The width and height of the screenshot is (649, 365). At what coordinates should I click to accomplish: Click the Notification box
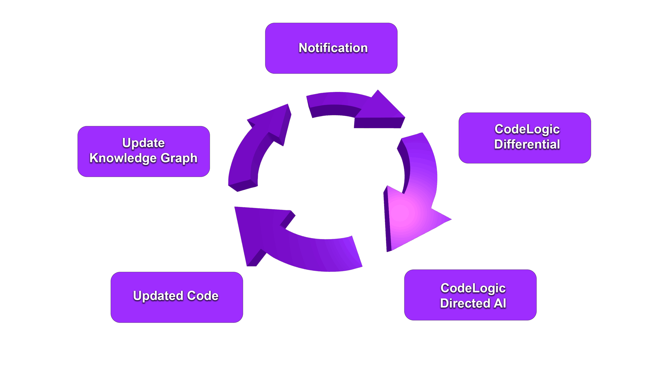click(x=331, y=48)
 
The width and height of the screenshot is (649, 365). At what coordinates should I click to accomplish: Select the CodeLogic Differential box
click(x=525, y=138)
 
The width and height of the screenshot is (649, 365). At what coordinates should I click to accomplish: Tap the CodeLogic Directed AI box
click(x=470, y=295)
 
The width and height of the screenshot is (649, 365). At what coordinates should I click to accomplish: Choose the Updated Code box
click(x=177, y=297)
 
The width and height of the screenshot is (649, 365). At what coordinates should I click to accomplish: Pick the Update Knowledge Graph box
click(x=144, y=151)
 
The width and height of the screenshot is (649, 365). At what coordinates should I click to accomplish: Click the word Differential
click(x=527, y=144)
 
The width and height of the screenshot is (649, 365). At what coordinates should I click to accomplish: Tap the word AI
click(x=500, y=303)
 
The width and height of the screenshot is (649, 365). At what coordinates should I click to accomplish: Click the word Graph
click(x=179, y=158)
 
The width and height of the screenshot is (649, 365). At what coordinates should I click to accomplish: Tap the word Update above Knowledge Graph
click(x=143, y=143)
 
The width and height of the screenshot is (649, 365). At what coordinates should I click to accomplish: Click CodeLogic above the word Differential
click(x=527, y=129)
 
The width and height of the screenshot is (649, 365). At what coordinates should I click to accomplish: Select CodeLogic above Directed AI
click(x=473, y=288)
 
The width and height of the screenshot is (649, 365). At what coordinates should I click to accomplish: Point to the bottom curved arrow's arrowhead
click(x=256, y=228)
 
